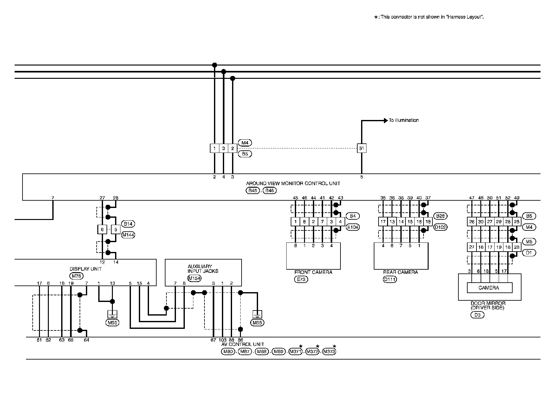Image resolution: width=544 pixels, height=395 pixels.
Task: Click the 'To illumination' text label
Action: click(404, 120)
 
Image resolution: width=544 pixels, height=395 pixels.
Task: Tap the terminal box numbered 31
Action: click(361, 148)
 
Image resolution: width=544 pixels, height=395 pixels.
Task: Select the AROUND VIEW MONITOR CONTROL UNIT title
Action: click(293, 184)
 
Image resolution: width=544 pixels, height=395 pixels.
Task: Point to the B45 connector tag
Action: click(253, 191)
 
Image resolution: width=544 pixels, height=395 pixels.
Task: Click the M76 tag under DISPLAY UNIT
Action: click(76, 276)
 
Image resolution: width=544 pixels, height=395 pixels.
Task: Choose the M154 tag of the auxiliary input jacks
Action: click(194, 278)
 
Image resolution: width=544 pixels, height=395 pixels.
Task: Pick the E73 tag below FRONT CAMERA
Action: click(301, 279)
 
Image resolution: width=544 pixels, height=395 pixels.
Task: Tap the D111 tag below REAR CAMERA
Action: click(390, 279)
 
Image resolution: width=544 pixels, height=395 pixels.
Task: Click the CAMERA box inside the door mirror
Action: click(489, 288)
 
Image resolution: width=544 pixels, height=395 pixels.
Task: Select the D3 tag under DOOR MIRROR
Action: click(477, 315)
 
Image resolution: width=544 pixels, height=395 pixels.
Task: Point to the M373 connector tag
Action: click(329, 352)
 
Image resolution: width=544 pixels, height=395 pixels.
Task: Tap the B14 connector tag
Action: click(128, 224)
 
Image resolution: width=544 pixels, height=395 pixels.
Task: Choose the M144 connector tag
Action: click(128, 235)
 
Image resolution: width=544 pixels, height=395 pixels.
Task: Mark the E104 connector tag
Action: click(353, 227)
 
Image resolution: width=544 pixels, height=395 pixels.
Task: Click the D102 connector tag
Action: click(440, 227)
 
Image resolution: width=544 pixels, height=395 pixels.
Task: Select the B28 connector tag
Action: click(440, 216)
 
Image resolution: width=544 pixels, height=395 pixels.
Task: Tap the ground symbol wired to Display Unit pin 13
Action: click(112, 314)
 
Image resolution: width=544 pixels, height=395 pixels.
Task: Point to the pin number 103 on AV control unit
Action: click(223, 340)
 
